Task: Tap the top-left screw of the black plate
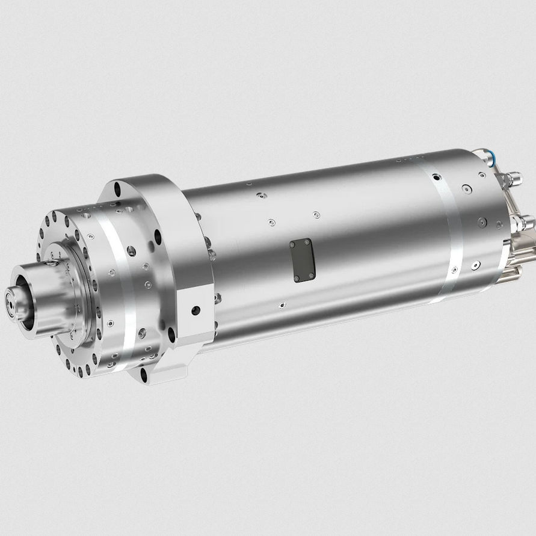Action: click(x=293, y=244)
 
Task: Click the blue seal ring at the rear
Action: click(x=491, y=159)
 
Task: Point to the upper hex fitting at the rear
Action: click(x=513, y=179)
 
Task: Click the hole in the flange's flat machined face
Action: click(x=196, y=310)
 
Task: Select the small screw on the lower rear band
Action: click(x=476, y=263)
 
